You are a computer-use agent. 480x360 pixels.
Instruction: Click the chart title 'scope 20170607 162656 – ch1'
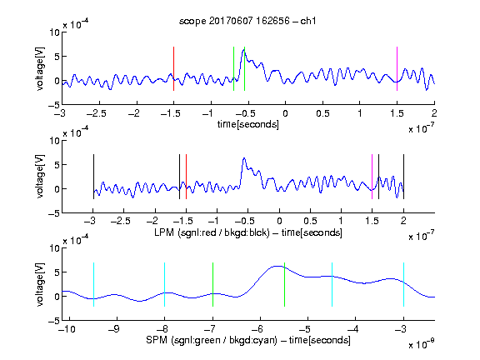pyautogui.click(x=247, y=21)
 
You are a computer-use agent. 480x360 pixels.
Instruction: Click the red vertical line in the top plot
pyautogui.click(x=173, y=68)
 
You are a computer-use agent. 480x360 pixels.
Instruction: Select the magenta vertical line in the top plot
pyautogui.click(x=397, y=68)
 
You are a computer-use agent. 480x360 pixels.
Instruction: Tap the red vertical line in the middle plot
pyautogui.click(x=186, y=177)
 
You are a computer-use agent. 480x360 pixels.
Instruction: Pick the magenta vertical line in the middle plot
pyautogui.click(x=372, y=177)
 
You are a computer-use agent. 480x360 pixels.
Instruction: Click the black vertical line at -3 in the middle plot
pyautogui.click(x=93, y=177)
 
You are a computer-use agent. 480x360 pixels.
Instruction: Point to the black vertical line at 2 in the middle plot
pyautogui.click(x=403, y=177)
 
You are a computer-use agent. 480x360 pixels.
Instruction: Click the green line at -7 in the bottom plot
pyautogui.click(x=212, y=284)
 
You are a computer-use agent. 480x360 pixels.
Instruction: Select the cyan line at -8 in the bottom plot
pyautogui.click(x=164, y=284)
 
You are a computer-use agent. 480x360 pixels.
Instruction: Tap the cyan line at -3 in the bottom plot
pyautogui.click(x=403, y=284)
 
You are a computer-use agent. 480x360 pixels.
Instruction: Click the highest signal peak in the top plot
pyautogui.click(x=243, y=50)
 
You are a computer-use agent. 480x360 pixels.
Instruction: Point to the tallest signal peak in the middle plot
pyautogui.click(x=244, y=158)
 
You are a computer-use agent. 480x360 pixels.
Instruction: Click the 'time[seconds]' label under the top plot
pyautogui.click(x=248, y=124)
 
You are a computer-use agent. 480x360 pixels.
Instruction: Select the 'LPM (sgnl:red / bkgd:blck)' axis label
pyautogui.click(x=212, y=232)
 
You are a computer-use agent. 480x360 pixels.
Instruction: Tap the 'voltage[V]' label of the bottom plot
pyautogui.click(x=40, y=284)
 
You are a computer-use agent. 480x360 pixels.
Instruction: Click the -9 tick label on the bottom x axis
pyautogui.click(x=114, y=329)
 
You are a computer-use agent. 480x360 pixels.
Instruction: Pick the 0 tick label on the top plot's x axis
pyautogui.click(x=285, y=113)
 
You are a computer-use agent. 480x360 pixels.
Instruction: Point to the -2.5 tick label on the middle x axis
pyautogui.click(x=120, y=221)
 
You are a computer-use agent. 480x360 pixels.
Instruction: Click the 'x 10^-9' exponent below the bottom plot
pyautogui.click(x=422, y=344)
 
